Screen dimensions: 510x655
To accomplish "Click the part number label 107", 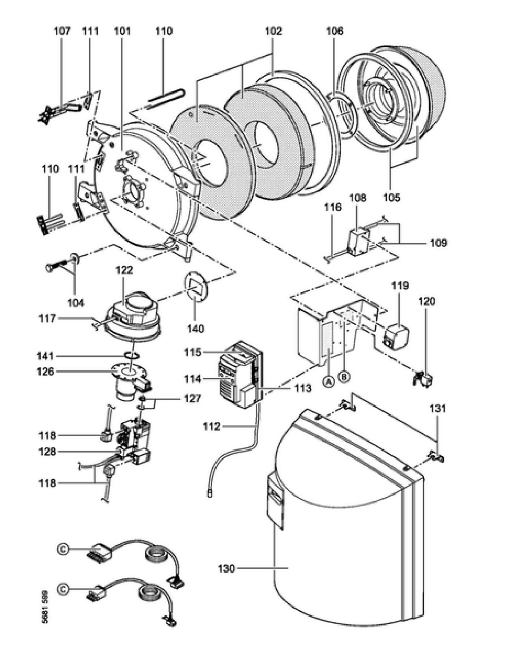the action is point(62,31).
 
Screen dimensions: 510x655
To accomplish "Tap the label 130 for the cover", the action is point(227,569).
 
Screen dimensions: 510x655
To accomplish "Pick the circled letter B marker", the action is point(344,377).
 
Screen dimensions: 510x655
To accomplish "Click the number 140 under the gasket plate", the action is point(196,329).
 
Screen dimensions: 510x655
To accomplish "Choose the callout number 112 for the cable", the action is point(212,427).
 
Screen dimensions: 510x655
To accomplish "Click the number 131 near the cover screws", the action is point(438,409).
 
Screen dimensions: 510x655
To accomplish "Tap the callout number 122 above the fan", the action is point(124,270).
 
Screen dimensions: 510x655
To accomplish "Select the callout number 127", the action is point(192,399).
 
